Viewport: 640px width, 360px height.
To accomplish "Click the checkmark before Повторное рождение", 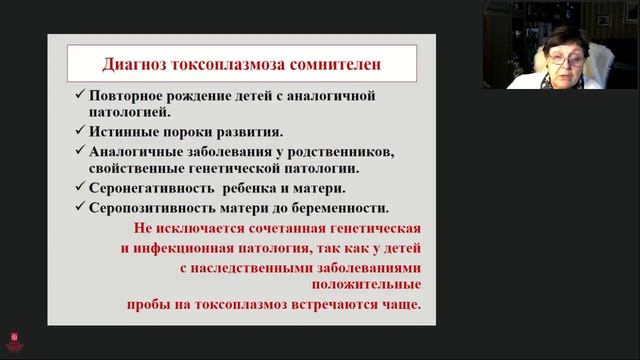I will tap(79, 95).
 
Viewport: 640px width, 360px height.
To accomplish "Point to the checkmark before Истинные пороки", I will tap(79, 132).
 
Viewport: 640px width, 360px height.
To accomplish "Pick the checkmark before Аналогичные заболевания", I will tap(79, 151).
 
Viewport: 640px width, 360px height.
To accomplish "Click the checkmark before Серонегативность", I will tap(79, 188).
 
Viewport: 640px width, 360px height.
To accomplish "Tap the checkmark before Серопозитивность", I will tap(79, 207).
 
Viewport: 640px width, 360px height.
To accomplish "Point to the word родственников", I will tap(339, 151).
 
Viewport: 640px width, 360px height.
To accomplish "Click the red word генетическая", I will tap(376, 229).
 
